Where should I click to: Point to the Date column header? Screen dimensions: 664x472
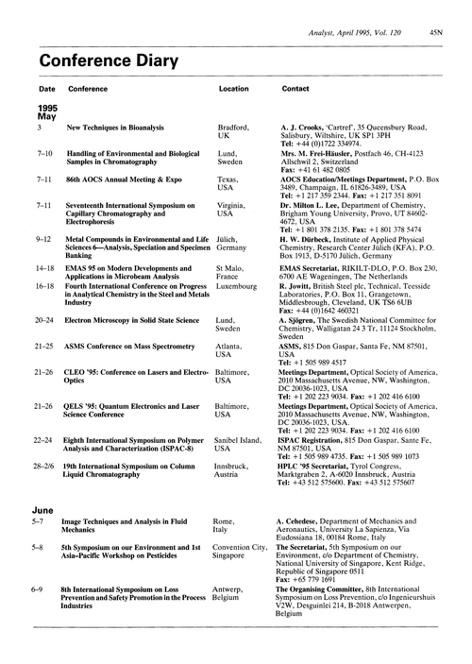45,88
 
